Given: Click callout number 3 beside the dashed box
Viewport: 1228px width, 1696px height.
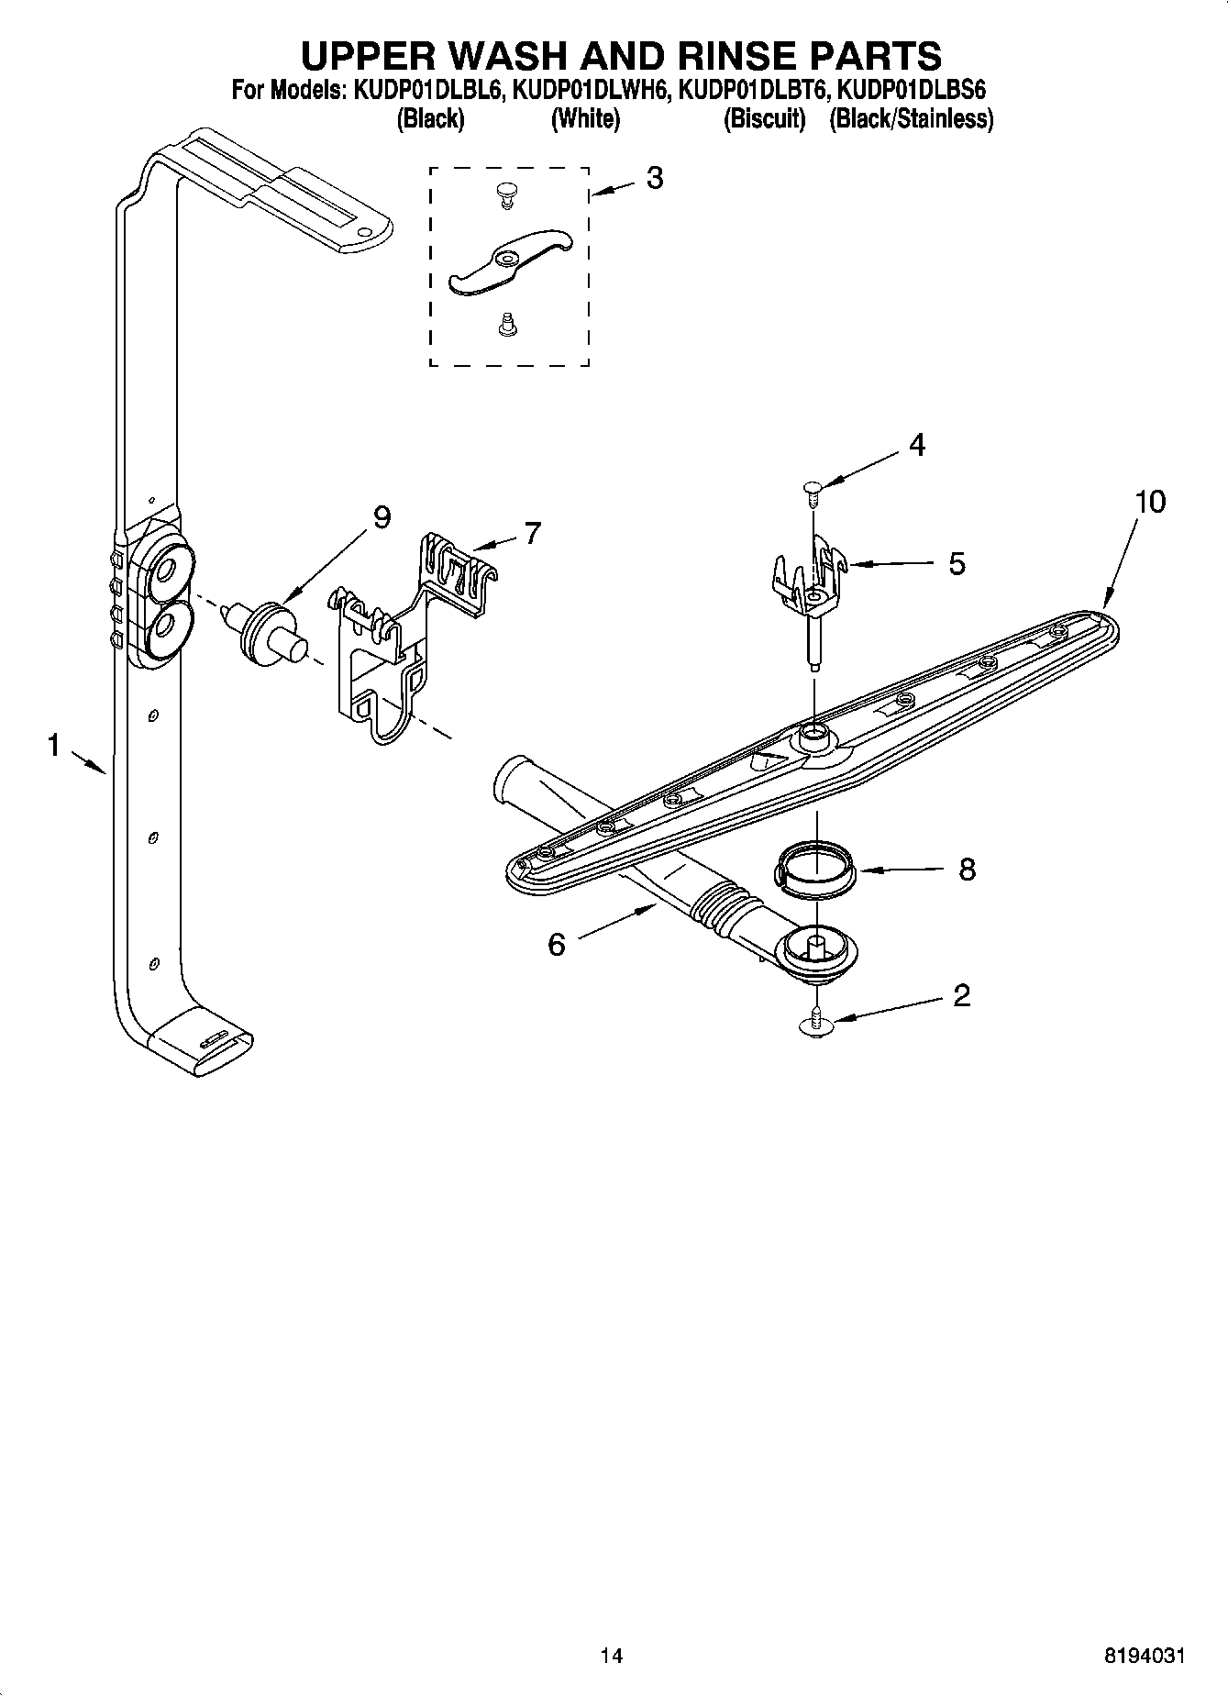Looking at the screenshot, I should (654, 178).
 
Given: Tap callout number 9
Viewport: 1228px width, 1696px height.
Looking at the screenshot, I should (382, 518).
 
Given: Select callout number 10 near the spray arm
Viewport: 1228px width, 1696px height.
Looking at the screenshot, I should (1150, 502).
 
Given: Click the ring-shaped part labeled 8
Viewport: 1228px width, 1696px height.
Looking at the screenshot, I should (816, 869).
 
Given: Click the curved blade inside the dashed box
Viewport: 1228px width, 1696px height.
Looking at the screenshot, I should (510, 264).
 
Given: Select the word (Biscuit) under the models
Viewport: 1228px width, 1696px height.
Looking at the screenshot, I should (764, 119).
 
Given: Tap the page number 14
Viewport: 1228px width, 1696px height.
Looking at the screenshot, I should (611, 1656).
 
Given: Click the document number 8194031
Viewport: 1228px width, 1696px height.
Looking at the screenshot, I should (1144, 1656).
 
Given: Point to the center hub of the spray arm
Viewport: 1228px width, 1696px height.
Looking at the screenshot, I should (813, 733).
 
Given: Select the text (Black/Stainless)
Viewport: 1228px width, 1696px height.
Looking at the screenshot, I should (911, 119).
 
